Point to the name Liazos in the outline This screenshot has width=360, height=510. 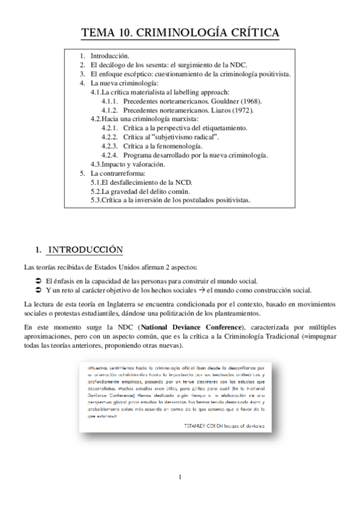pos(221,111)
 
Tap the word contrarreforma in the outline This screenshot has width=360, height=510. pos(123,173)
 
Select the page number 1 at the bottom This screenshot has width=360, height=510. pos(180,478)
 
